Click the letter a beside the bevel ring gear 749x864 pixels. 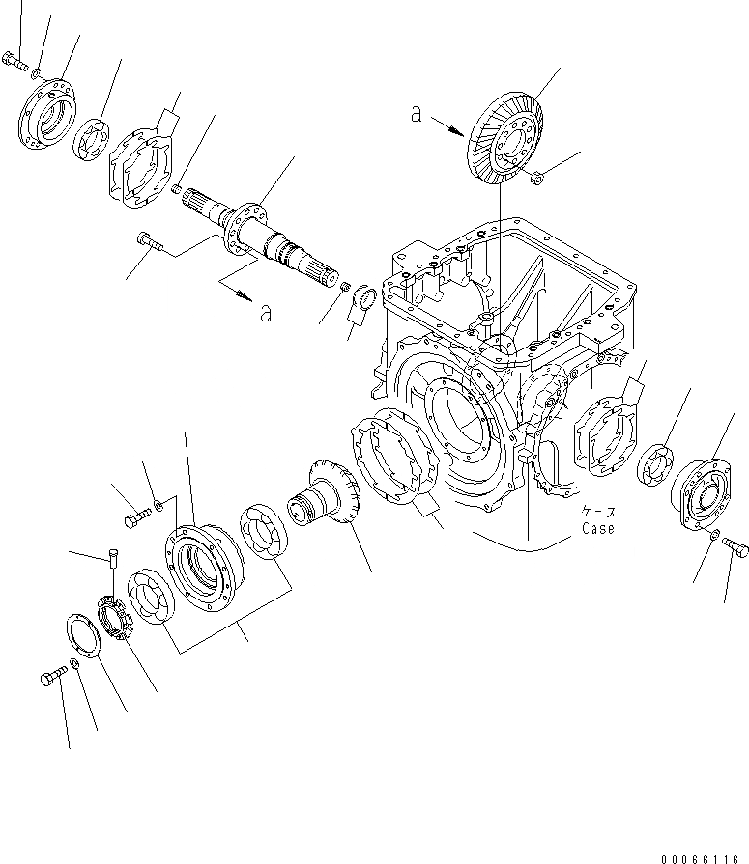[416, 114]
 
